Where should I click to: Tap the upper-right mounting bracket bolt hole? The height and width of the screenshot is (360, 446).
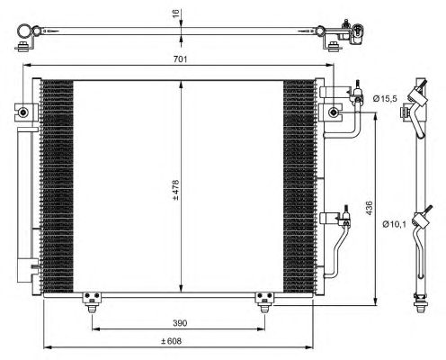tap(334, 112)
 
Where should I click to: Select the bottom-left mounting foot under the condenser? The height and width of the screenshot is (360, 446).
tap(90, 301)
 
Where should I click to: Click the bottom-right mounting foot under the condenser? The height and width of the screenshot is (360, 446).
tap(263, 301)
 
